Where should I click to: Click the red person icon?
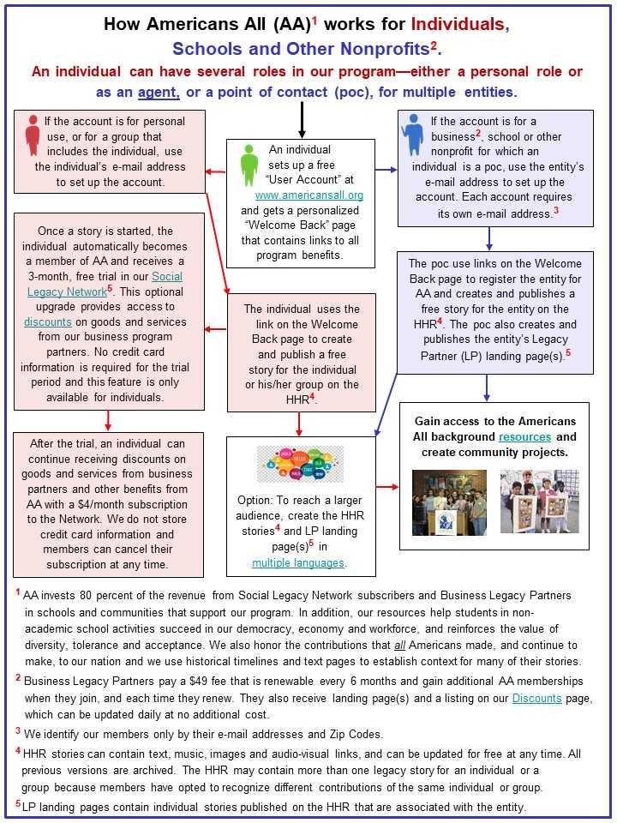pos(33,135)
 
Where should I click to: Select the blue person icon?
pos(413,135)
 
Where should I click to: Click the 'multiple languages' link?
pos(299,562)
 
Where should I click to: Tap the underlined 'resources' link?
pos(525,436)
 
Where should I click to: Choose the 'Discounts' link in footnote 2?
pos(537,699)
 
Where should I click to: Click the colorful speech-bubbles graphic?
pos(300,464)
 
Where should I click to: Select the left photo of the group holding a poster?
pos(448,502)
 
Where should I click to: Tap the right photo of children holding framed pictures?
pos(539,502)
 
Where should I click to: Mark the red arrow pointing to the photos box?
pos(388,487)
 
